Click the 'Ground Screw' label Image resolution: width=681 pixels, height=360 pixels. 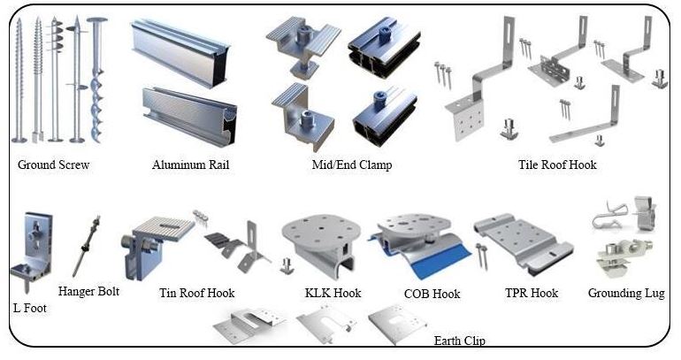coord(53,165)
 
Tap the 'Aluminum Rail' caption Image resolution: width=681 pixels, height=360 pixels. coord(191,165)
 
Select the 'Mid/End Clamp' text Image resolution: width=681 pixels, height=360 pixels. coord(352,165)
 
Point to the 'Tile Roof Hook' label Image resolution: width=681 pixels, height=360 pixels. coord(557,165)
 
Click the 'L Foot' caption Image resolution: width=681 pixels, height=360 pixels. coord(30,309)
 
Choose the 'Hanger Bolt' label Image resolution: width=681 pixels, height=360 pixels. coord(88,291)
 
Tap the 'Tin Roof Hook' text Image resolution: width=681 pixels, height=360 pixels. coord(196,293)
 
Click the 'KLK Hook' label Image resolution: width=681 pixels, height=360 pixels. coord(333,293)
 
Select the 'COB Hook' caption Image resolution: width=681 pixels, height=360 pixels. coord(432,294)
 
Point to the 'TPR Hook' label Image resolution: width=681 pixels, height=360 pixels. coord(532,293)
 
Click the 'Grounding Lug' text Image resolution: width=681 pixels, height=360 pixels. coord(626,294)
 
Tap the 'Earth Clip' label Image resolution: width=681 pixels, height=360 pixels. coord(460,341)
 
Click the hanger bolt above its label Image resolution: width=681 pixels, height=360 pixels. coord(87,245)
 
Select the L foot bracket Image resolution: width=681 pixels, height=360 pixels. coord(32,248)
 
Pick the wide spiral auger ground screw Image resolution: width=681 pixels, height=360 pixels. coord(96,80)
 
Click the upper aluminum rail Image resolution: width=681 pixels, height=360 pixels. coord(180,52)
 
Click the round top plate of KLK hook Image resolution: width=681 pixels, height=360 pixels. coord(321,229)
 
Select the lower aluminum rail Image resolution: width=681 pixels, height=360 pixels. coord(190,115)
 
